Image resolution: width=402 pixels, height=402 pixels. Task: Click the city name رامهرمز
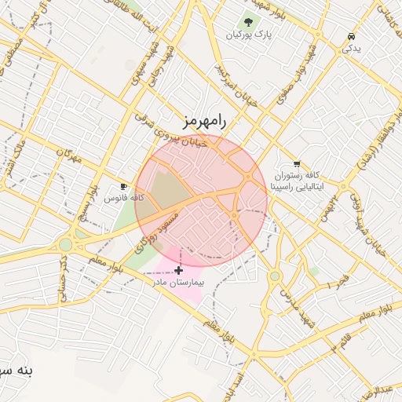pos(203,121)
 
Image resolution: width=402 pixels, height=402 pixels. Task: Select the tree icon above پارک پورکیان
pos(248,22)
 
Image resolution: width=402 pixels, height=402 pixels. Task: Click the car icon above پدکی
pos(351,36)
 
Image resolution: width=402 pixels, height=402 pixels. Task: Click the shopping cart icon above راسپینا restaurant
pos(296,163)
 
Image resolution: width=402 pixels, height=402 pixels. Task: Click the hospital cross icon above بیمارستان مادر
pos(180,269)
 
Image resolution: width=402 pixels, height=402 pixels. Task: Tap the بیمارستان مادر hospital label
pos(180,281)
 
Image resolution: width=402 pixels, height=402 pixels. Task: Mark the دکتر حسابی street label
pos(62,279)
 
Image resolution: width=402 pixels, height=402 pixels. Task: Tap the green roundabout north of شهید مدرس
pos(275,276)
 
